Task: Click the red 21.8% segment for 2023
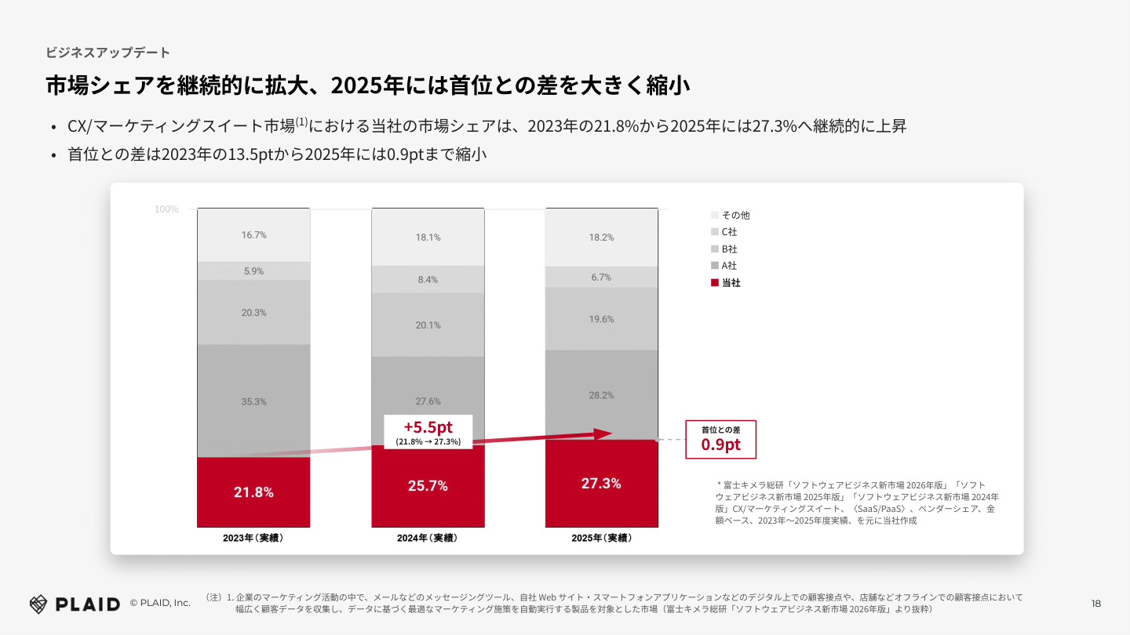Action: tap(253, 492)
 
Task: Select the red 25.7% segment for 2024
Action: tap(428, 486)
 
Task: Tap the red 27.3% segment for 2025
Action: tap(601, 483)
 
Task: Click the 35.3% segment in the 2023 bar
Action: tap(253, 401)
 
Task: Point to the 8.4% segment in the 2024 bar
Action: tap(428, 280)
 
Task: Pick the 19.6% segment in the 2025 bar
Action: tap(601, 319)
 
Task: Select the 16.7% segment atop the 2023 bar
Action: tap(253, 235)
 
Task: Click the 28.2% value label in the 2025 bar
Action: tap(601, 396)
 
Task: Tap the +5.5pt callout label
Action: tap(428, 432)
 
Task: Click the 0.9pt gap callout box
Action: tap(720, 440)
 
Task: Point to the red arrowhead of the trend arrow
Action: tap(603, 434)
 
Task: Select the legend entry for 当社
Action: tap(725, 283)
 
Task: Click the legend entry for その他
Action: tap(730, 215)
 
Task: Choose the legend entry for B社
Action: tap(724, 249)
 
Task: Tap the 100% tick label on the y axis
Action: tap(166, 209)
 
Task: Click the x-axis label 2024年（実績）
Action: tap(428, 539)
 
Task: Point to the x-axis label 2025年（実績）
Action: tap(602, 539)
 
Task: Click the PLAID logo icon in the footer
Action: tap(38, 604)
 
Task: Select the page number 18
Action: tap(1096, 604)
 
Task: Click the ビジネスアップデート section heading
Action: tap(108, 53)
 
